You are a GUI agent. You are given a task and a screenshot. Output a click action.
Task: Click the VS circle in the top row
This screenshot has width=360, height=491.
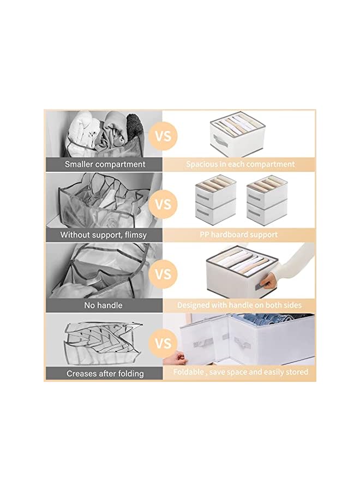pos(163,135)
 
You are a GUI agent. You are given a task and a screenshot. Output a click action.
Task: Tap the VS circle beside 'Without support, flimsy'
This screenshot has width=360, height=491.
pos(163,205)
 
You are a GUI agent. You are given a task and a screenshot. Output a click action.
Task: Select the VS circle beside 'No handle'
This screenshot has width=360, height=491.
pos(163,274)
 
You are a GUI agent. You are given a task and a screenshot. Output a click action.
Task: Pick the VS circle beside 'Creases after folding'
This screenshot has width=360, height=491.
pos(163,344)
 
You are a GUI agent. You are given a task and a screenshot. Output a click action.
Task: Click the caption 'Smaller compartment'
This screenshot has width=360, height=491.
pos(105,164)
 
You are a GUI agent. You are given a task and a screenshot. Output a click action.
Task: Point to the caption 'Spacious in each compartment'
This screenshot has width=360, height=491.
pos(240,164)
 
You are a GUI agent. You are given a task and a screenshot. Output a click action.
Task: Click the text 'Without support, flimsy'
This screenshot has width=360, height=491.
pos(104,235)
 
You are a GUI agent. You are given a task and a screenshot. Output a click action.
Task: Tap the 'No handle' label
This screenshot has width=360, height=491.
pos(103,305)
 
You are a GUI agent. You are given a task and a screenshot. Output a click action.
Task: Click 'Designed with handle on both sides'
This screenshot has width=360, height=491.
pos(239,305)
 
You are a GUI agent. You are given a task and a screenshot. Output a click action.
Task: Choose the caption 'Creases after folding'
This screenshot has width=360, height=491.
pos(105,374)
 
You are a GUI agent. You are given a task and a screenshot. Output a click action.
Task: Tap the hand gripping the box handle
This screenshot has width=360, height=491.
pos(271,282)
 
